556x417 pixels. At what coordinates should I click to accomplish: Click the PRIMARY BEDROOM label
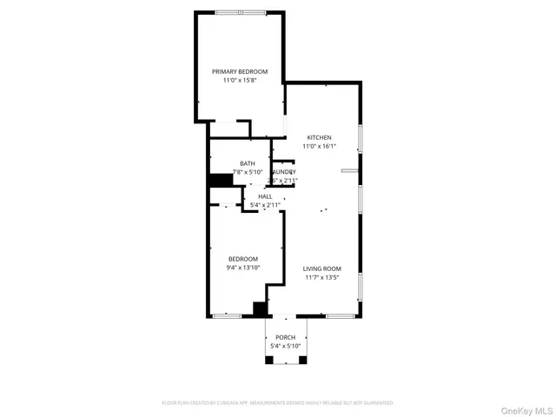(240, 70)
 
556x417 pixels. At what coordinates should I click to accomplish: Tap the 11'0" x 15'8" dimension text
(240, 79)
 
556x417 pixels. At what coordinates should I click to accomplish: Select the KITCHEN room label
(319, 137)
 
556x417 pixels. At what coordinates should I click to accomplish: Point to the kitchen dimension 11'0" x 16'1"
(319, 146)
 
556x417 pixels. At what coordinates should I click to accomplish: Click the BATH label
(248, 163)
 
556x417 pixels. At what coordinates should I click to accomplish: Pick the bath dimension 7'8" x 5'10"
(248, 172)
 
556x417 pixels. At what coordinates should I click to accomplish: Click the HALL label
(265, 196)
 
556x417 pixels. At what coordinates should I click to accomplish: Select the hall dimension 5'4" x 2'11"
(265, 205)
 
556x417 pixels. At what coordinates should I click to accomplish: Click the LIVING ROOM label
(321, 269)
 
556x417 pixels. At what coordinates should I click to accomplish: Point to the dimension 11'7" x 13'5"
(321, 278)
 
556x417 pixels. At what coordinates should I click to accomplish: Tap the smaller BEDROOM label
(242, 259)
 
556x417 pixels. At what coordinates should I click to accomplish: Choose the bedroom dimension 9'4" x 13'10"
(242, 268)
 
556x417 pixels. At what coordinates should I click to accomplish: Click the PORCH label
(285, 337)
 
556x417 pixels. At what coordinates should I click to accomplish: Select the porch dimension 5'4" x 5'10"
(285, 346)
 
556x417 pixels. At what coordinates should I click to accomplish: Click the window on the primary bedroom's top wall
(241, 12)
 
